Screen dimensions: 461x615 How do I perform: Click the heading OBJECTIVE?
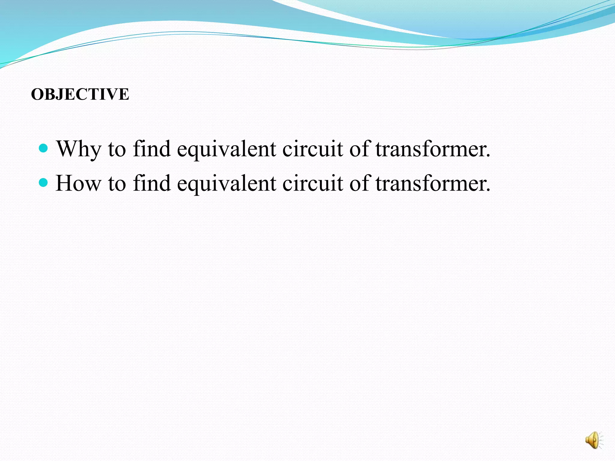click(80, 94)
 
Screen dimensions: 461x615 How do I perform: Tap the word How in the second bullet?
click(78, 183)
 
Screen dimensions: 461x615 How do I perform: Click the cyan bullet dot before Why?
click(44, 148)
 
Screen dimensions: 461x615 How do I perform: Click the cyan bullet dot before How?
click(44, 182)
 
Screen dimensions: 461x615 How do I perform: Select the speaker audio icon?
click(593, 441)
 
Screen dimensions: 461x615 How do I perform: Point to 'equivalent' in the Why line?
click(226, 149)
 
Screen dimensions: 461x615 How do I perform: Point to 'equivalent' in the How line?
click(226, 183)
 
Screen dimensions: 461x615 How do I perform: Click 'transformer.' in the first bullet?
click(433, 149)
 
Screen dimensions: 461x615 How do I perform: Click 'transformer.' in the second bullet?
click(433, 183)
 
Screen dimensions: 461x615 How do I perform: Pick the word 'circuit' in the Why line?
click(312, 149)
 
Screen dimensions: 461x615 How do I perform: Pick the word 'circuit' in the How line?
click(312, 183)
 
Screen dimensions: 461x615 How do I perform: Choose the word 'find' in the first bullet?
click(152, 149)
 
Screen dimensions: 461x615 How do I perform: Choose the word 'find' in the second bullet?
click(152, 183)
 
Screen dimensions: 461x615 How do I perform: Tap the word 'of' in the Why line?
click(359, 149)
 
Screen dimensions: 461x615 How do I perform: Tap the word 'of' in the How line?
click(359, 183)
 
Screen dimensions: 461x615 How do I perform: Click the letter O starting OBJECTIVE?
click(37, 94)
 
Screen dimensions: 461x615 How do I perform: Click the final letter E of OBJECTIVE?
click(124, 94)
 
